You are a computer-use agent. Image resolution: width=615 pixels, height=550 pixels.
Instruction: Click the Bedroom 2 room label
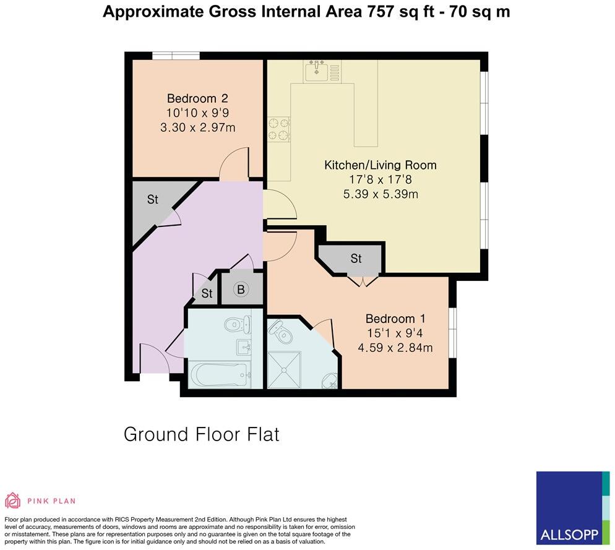197,98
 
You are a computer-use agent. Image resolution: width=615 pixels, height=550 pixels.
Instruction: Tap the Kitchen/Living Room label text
381,165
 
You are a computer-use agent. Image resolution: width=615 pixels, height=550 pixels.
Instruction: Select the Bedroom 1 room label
395,319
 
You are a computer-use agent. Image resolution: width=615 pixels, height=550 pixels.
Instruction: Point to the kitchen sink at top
319,71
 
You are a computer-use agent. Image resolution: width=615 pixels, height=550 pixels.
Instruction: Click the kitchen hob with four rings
278,129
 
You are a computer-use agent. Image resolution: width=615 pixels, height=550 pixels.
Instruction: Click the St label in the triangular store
152,200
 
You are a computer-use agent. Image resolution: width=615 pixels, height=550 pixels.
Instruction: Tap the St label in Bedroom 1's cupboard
356,259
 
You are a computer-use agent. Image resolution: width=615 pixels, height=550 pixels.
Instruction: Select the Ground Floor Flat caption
202,434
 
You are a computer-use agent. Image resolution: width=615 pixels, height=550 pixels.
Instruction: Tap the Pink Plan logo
40,501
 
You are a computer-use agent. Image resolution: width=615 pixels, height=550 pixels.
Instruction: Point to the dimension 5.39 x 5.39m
381,194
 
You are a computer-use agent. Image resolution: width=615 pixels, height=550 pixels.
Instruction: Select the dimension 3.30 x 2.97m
197,127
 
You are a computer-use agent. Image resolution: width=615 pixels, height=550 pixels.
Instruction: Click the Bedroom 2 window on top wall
176,56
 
